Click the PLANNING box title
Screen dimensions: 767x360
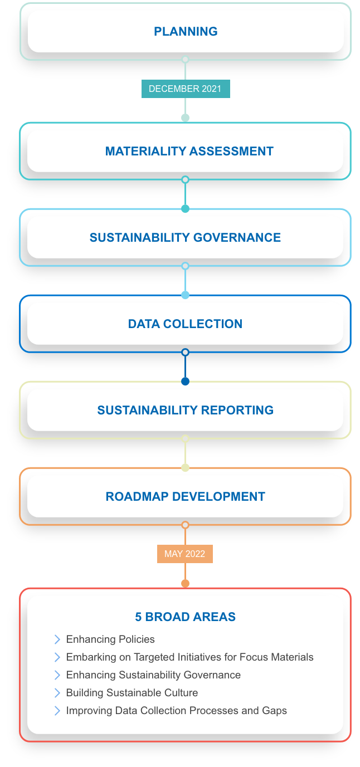pyautogui.click(x=186, y=31)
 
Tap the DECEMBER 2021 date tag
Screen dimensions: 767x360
pyautogui.click(x=185, y=89)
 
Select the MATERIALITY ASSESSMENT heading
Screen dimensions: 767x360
pyautogui.click(x=189, y=151)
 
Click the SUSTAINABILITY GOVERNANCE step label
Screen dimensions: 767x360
pyautogui.click(x=185, y=237)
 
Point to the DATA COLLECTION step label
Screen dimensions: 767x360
pyautogui.click(x=185, y=324)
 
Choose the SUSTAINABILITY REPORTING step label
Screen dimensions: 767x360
pyautogui.click(x=185, y=410)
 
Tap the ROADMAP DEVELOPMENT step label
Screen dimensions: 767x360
pyautogui.click(x=185, y=496)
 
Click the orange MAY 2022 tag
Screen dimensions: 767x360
pyautogui.click(x=184, y=554)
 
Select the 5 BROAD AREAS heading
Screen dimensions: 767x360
pyautogui.click(x=185, y=617)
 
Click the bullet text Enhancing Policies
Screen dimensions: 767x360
pyautogui.click(x=110, y=639)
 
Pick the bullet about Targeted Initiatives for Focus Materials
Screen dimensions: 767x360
pyautogui.click(x=189, y=657)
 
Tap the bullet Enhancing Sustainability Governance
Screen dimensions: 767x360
pyautogui.click(x=153, y=675)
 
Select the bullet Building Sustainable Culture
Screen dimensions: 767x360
pyautogui.click(x=132, y=693)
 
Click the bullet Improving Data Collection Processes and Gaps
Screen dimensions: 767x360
pyautogui.click(x=176, y=711)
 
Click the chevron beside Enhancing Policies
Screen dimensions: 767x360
pyautogui.click(x=57, y=639)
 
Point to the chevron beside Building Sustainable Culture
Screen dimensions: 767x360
pyautogui.click(x=57, y=693)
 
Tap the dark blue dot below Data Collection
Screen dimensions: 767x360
pyautogui.click(x=186, y=381)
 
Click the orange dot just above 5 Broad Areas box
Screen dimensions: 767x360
pyautogui.click(x=186, y=583)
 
